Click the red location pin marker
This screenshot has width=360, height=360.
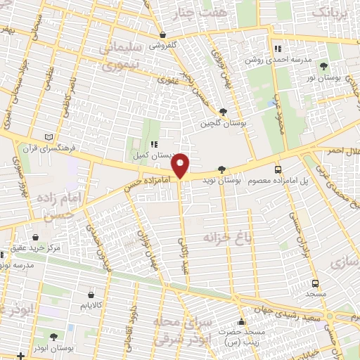click(x=181, y=165)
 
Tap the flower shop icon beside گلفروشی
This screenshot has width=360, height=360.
click(x=162, y=34)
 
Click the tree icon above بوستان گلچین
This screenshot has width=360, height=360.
click(x=223, y=111)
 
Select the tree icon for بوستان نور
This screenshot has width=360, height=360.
click(x=323, y=67)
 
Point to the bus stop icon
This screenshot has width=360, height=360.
click(x=278, y=169)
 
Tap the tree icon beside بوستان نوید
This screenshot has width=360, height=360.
click(x=222, y=169)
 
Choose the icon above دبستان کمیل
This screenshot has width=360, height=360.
click(x=153, y=144)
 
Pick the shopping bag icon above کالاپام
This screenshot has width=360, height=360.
click(x=92, y=295)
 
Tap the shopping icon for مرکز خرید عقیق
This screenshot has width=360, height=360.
click(x=34, y=238)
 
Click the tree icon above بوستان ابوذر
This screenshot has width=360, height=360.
click(x=53, y=337)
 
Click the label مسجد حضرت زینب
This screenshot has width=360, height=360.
click(x=237, y=336)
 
